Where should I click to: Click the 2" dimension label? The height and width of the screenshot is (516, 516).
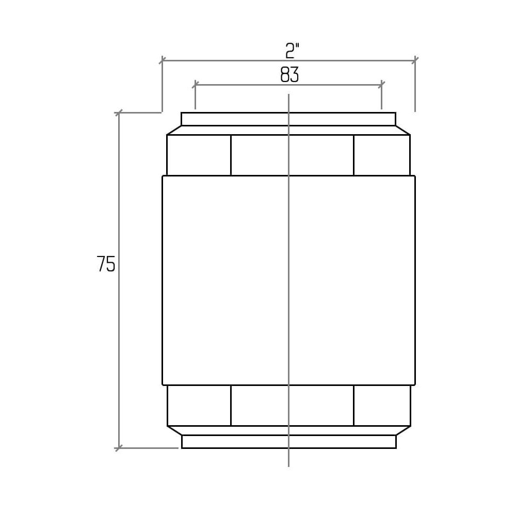(292, 51)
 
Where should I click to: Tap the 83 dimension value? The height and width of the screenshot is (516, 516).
(289, 75)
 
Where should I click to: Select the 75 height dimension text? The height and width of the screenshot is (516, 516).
(106, 264)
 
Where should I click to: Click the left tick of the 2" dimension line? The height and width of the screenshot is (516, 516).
(162, 60)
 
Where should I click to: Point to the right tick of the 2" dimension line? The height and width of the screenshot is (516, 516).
(415, 60)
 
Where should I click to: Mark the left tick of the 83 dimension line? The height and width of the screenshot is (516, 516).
(195, 85)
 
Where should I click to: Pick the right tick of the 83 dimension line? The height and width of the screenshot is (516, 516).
(381, 85)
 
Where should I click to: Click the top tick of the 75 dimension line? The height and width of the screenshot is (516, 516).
(119, 112)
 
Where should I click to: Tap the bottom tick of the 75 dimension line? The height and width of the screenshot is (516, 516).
(119, 448)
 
